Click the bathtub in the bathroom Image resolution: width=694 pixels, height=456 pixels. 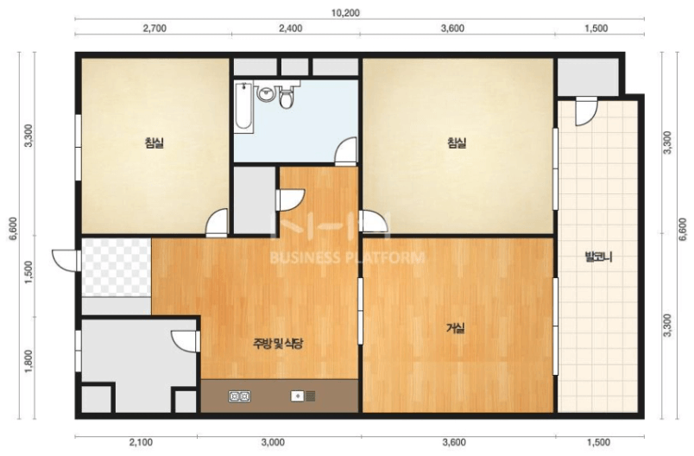(x=244, y=106)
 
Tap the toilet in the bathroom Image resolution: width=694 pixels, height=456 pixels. (x=287, y=98)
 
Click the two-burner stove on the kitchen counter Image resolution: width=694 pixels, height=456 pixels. (x=239, y=396)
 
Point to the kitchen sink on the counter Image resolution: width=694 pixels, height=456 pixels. (x=303, y=396)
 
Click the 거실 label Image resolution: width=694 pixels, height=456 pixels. (x=456, y=328)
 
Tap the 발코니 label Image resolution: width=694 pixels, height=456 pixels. (x=598, y=257)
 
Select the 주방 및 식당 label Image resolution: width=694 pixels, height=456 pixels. (x=278, y=344)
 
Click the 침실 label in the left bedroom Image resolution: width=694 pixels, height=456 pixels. (x=155, y=142)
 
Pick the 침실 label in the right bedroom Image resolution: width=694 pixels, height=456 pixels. (x=457, y=142)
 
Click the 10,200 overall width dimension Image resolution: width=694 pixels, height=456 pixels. (x=345, y=13)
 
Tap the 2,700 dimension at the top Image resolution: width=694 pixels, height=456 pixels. (x=155, y=28)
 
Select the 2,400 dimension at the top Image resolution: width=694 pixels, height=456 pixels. (x=291, y=28)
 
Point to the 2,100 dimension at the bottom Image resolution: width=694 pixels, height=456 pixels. (x=141, y=442)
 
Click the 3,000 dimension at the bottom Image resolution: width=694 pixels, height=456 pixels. (x=273, y=442)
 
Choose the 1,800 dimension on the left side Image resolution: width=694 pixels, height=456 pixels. (x=28, y=361)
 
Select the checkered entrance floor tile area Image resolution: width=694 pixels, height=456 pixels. (x=117, y=268)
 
